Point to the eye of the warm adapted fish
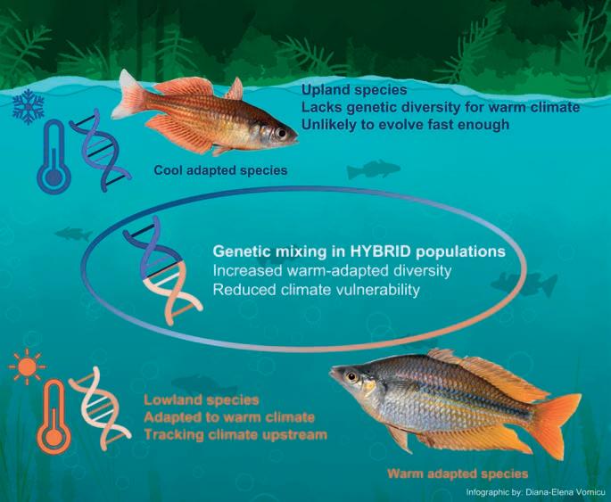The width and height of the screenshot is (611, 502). click(351, 376)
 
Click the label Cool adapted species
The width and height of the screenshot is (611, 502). click(220, 169)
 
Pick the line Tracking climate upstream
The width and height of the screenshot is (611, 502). click(235, 434)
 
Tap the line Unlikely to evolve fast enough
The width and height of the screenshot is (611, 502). click(405, 124)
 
